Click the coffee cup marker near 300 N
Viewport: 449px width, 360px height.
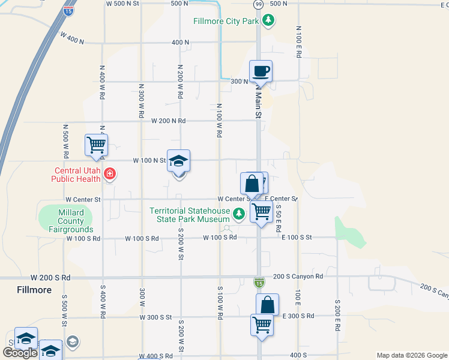pyautogui.click(x=261, y=72)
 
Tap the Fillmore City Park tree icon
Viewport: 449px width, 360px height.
pyautogui.click(x=269, y=21)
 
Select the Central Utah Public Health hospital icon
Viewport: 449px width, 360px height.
pyautogui.click(x=109, y=175)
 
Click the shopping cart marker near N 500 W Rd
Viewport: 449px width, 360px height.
pyautogui.click(x=96, y=145)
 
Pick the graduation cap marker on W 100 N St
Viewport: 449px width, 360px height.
pyautogui.click(x=178, y=161)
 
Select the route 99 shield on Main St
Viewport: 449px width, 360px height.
pyautogui.click(x=258, y=4)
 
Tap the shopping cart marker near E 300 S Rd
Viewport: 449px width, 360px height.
pyautogui.click(x=262, y=325)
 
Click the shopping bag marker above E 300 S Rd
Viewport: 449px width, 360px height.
pyautogui.click(x=267, y=305)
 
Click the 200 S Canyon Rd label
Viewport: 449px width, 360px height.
pyautogui.click(x=298, y=277)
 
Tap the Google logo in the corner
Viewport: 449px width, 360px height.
pyautogui.click(x=20, y=353)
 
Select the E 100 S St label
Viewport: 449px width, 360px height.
pyautogui.click(x=297, y=238)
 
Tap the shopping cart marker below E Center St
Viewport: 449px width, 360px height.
pyautogui.click(x=262, y=212)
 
